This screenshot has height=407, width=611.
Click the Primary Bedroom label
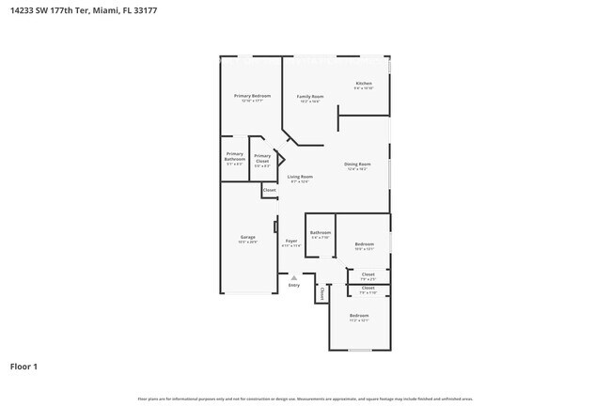[253, 96]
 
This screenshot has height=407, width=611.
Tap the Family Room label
[310, 96]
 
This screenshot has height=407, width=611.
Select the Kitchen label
[364, 84]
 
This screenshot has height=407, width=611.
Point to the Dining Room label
[357, 164]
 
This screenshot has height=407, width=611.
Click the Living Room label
[300, 177]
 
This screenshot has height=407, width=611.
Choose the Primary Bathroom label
[235, 156]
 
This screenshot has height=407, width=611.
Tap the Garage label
[248, 237]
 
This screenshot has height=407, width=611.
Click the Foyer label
[292, 241]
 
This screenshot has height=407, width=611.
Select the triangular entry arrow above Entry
[294, 277]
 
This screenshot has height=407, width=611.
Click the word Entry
[294, 285]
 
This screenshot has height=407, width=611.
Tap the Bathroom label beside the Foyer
[321, 232]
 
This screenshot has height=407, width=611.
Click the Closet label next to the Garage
[270, 190]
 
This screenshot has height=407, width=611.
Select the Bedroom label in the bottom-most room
[359, 315]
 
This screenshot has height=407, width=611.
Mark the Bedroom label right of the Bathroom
[365, 244]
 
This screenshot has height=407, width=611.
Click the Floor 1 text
[23, 366]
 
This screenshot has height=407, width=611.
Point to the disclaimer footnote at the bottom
[305, 399]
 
